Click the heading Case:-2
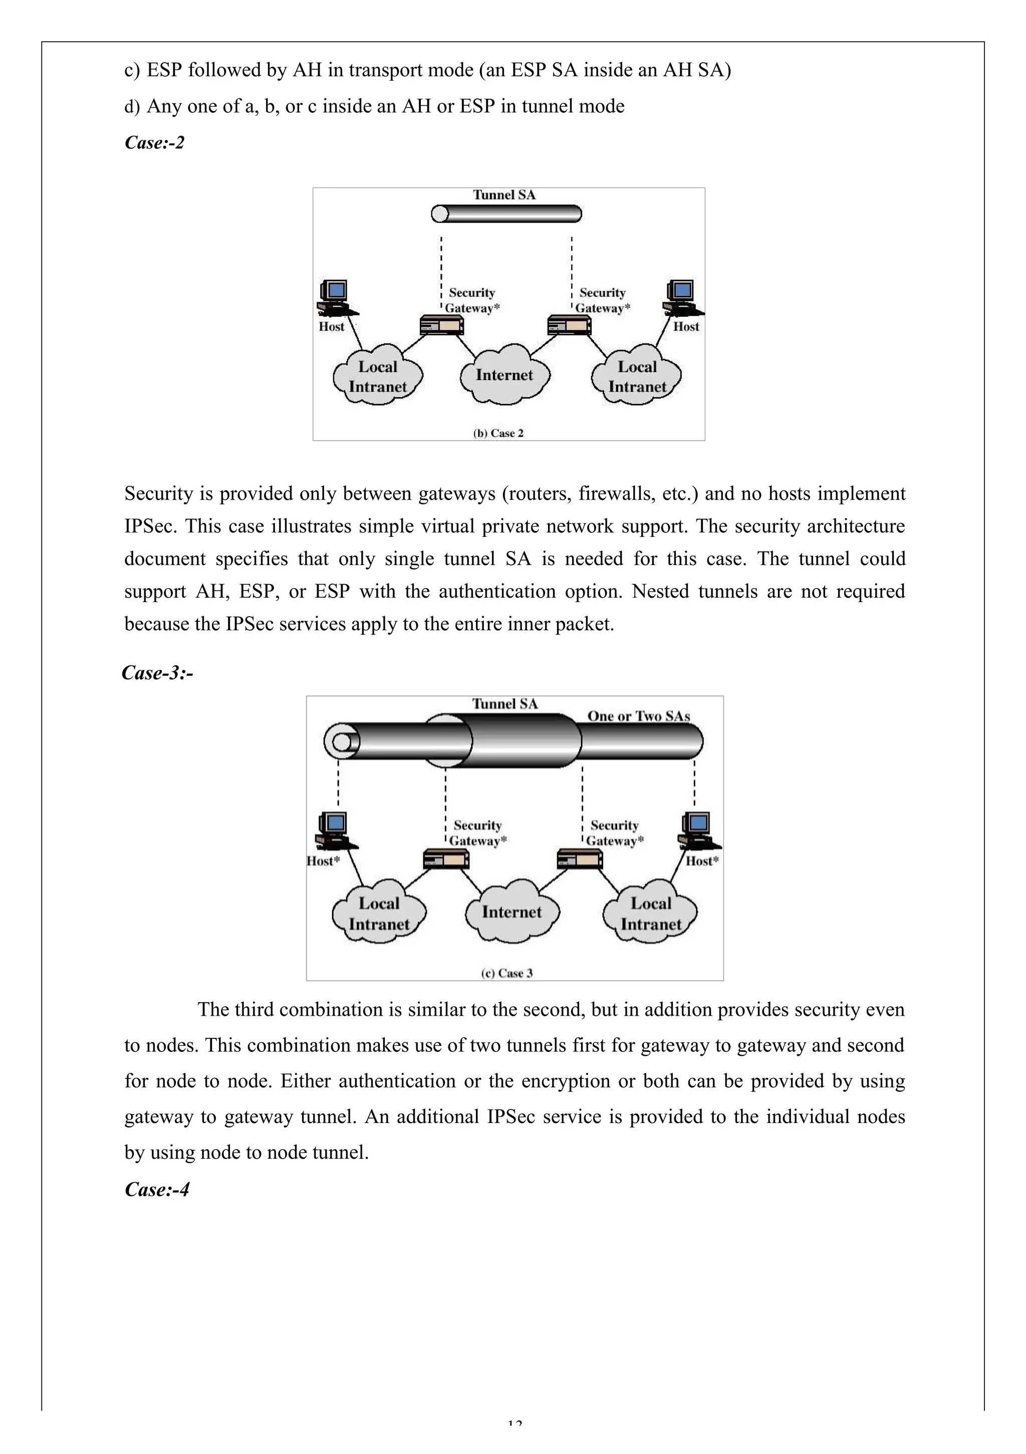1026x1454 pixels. (154, 142)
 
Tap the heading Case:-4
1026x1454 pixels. (157, 1189)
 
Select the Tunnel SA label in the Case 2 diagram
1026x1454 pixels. (504, 195)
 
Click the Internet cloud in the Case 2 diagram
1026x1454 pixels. (504, 375)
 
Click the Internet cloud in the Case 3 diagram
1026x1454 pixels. (511, 912)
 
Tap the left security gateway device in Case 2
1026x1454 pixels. (442, 325)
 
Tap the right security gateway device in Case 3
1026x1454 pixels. (580, 859)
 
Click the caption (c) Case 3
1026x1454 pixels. (506, 973)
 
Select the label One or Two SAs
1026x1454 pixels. (638, 716)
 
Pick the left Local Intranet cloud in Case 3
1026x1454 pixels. (379, 913)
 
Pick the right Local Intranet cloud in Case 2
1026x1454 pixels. (637, 376)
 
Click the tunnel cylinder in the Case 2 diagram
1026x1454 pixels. (506, 214)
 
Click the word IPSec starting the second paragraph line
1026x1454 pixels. (151, 526)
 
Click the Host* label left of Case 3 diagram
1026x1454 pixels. (323, 861)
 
